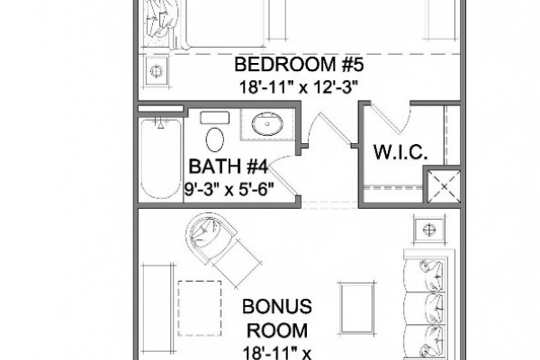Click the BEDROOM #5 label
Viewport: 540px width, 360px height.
click(299, 65)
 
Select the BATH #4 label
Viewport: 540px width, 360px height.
click(228, 166)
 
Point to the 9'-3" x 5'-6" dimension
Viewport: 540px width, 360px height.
click(229, 189)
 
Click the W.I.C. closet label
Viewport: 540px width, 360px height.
click(400, 152)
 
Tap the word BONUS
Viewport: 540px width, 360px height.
click(277, 306)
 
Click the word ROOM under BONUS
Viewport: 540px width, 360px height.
click(277, 330)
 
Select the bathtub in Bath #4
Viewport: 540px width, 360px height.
click(160, 158)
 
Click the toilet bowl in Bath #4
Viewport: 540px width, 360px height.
click(214, 139)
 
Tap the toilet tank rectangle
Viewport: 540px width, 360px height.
click(215, 118)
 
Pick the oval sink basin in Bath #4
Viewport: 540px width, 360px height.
click(267, 124)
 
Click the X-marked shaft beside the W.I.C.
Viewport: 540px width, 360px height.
click(444, 186)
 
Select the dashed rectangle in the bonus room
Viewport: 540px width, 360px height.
click(200, 308)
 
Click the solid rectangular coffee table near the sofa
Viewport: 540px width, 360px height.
click(356, 309)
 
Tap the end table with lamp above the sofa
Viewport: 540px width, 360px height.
click(429, 229)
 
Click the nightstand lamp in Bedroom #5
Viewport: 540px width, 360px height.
click(157, 71)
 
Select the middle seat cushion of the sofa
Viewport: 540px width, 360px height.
click(427, 309)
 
